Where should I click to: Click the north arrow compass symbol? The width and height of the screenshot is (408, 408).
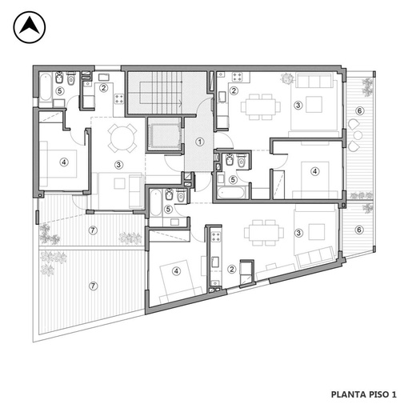click(30, 27)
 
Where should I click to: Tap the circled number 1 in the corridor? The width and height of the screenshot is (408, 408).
click(199, 142)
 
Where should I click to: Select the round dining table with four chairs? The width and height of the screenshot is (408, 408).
click(122, 138)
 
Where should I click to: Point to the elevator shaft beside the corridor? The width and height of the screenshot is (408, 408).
click(165, 134)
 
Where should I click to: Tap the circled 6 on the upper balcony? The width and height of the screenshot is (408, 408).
click(359, 110)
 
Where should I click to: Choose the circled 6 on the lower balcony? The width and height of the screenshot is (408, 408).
click(359, 230)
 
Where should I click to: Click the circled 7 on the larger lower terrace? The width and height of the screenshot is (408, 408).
click(93, 286)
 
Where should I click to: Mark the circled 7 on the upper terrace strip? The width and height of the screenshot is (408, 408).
click(93, 230)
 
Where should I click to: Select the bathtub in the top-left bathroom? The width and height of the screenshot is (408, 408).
click(46, 87)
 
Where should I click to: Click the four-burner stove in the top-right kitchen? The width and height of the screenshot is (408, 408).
click(237, 77)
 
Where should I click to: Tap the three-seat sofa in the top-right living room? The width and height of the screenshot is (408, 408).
click(314, 81)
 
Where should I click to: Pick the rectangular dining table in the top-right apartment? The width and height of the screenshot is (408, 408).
click(261, 106)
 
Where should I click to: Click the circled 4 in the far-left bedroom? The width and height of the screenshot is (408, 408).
click(64, 162)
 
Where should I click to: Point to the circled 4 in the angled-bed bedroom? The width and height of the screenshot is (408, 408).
click(176, 271)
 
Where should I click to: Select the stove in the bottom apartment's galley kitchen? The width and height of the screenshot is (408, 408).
click(216, 237)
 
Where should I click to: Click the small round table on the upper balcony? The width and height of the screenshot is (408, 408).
click(358, 135)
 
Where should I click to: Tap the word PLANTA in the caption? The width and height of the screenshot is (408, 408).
click(345, 394)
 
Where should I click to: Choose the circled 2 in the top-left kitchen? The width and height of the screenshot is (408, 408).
click(104, 87)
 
